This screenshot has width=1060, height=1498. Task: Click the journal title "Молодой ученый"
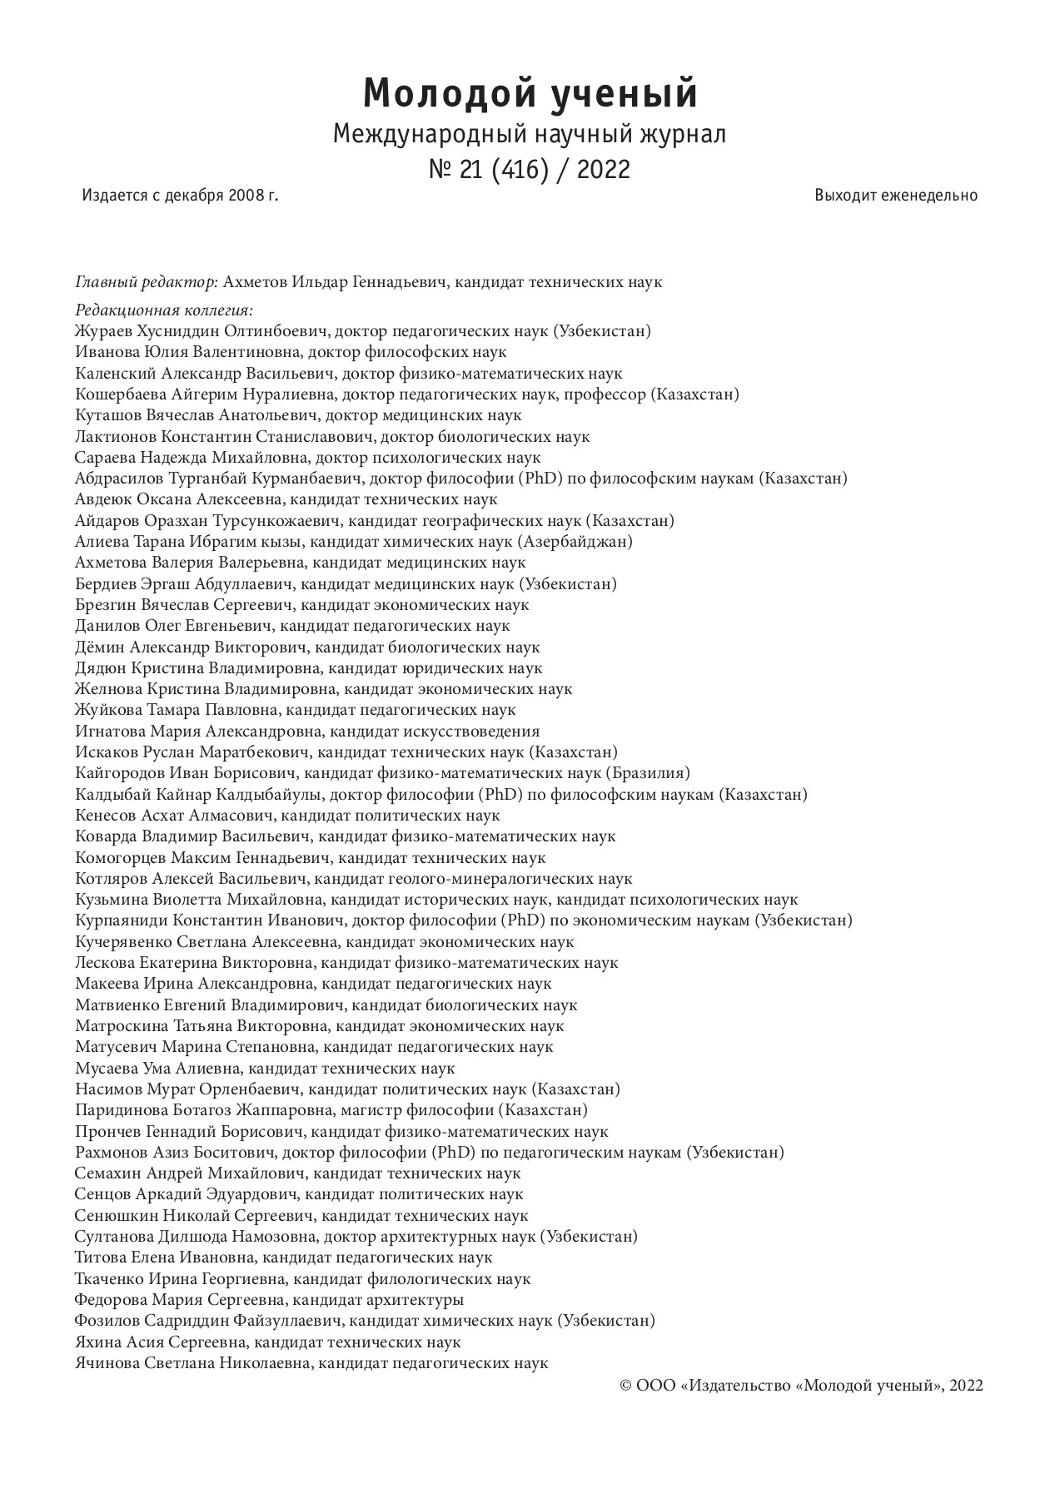pyautogui.click(x=530, y=93)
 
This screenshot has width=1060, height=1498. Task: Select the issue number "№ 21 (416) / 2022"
pyautogui.click(x=530, y=170)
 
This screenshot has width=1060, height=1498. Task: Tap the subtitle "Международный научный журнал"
pyautogui.click(x=530, y=133)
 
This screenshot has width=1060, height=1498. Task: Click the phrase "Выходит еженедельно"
pyautogui.click(x=896, y=196)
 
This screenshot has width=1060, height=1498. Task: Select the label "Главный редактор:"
pyautogui.click(x=147, y=282)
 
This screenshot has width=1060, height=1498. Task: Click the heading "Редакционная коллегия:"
pyautogui.click(x=163, y=310)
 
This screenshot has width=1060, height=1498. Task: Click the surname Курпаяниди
pyautogui.click(x=122, y=920)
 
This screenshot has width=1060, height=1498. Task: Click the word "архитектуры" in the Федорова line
pyautogui.click(x=416, y=1300)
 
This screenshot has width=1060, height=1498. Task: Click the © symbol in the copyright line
pyautogui.click(x=627, y=1386)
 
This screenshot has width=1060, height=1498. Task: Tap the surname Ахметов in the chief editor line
pyautogui.click(x=256, y=282)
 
